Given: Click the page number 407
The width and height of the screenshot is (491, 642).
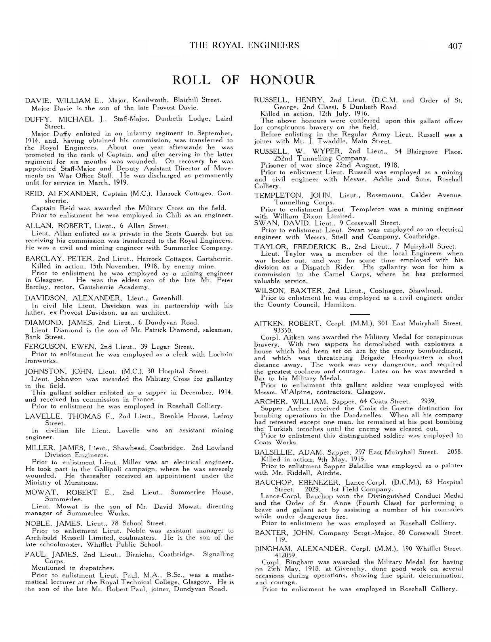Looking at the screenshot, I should pos(455,46).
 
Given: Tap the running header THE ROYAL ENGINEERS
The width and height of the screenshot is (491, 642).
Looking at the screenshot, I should pos(244,45).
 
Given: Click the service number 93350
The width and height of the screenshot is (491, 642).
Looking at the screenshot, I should pos(284,330).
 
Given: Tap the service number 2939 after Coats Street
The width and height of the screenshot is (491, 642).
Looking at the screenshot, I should pos(428,402).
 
